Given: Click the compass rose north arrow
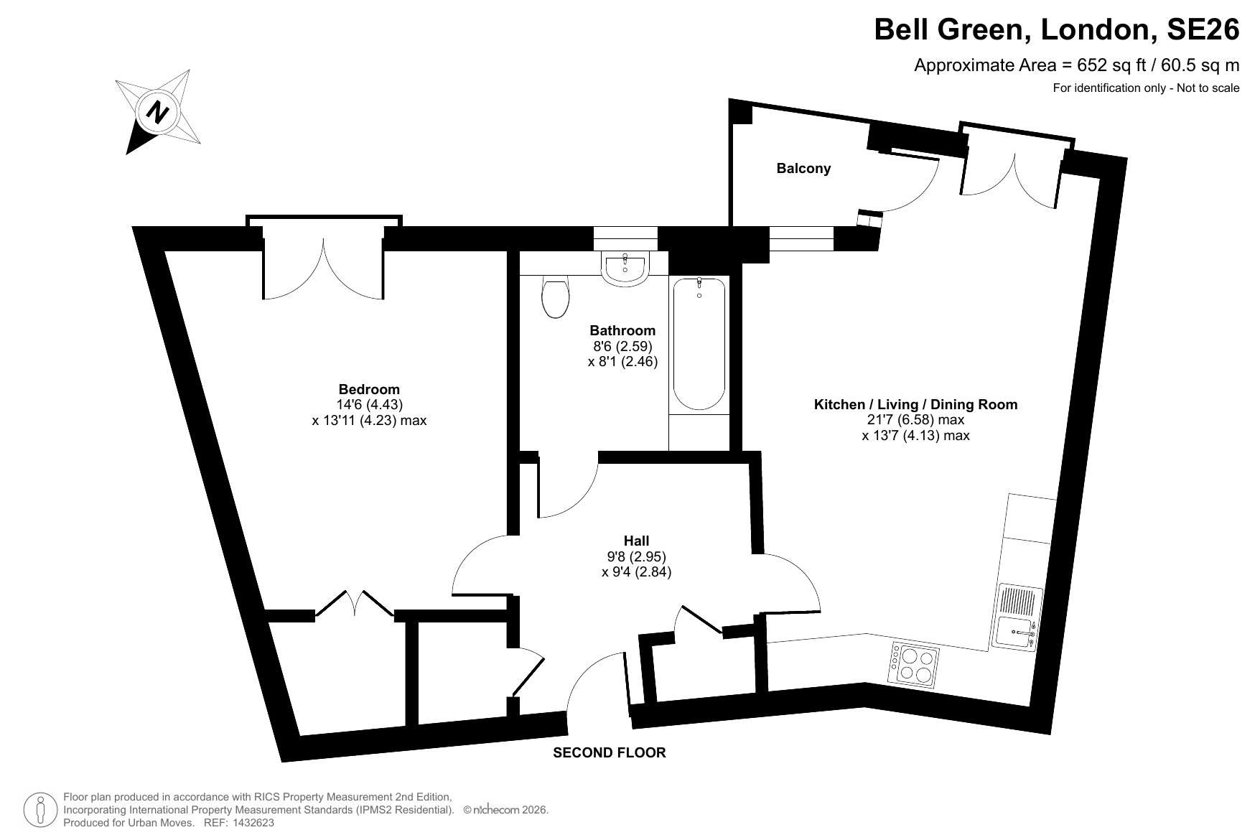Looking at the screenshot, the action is [x=158, y=112].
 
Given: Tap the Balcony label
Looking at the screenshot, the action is [x=803, y=168].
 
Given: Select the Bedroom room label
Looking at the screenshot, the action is [x=369, y=390].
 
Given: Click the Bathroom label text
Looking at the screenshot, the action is [x=622, y=330].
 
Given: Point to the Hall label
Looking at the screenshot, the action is [x=636, y=541].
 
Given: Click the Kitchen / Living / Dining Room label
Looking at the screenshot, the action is [x=915, y=404].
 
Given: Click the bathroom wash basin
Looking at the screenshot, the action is [x=626, y=269].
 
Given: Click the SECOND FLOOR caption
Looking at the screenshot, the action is [x=609, y=752].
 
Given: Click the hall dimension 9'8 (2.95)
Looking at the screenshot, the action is [x=636, y=556].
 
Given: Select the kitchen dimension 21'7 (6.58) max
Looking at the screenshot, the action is [x=915, y=420].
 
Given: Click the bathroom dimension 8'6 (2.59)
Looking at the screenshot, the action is [x=622, y=346].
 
